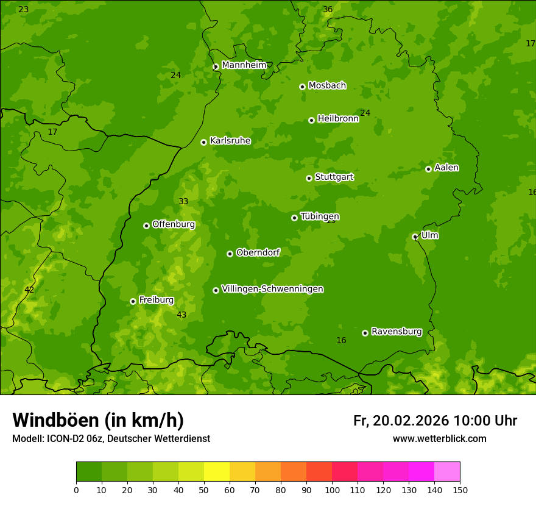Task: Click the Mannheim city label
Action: tap(244, 65)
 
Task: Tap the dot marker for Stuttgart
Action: tap(309, 178)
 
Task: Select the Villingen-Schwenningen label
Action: tap(272, 289)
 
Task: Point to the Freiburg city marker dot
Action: tap(133, 301)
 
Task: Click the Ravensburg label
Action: tap(397, 332)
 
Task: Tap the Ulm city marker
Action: tap(415, 237)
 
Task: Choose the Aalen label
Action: tap(446, 168)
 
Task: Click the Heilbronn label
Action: tap(338, 119)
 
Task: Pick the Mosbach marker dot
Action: tap(302, 87)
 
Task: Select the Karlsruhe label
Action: tap(230, 141)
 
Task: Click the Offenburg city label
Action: tap(174, 224)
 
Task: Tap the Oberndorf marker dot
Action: tap(230, 254)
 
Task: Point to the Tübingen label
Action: tap(320, 216)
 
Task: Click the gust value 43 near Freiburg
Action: tap(182, 315)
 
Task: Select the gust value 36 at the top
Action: tap(328, 9)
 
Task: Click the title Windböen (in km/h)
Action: tap(98, 420)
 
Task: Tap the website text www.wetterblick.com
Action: tap(439, 438)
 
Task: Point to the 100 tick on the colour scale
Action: tap(332, 489)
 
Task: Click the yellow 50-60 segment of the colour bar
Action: tap(217, 472)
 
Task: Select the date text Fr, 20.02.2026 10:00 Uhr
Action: tap(435, 421)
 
